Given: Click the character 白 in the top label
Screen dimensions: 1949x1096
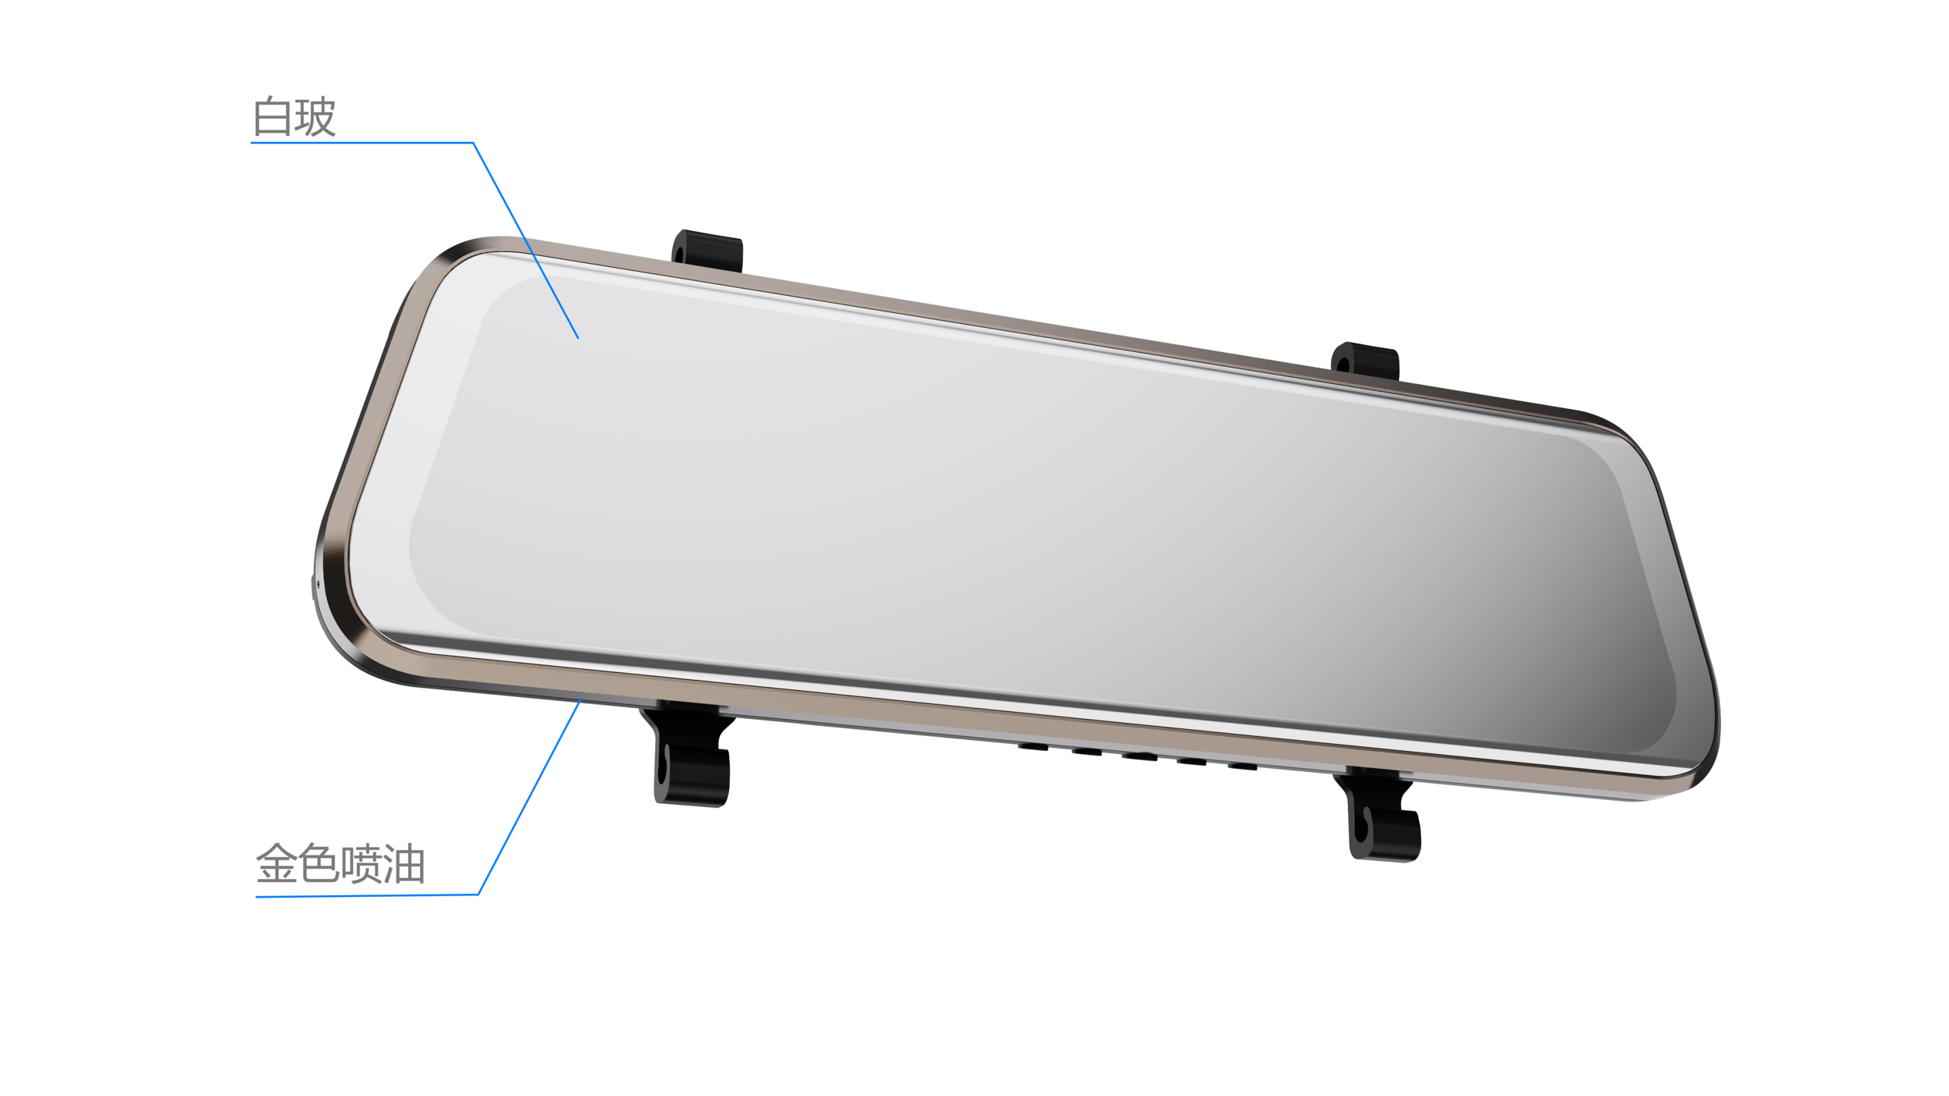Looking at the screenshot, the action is pos(272,116).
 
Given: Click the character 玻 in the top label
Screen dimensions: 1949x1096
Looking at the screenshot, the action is pos(315,116).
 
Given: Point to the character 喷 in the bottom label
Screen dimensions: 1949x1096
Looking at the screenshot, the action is pos(361,863).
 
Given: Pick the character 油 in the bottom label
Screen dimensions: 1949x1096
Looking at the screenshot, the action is pos(404,863).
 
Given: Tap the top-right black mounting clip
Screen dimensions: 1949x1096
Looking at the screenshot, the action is pos(1365,361).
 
